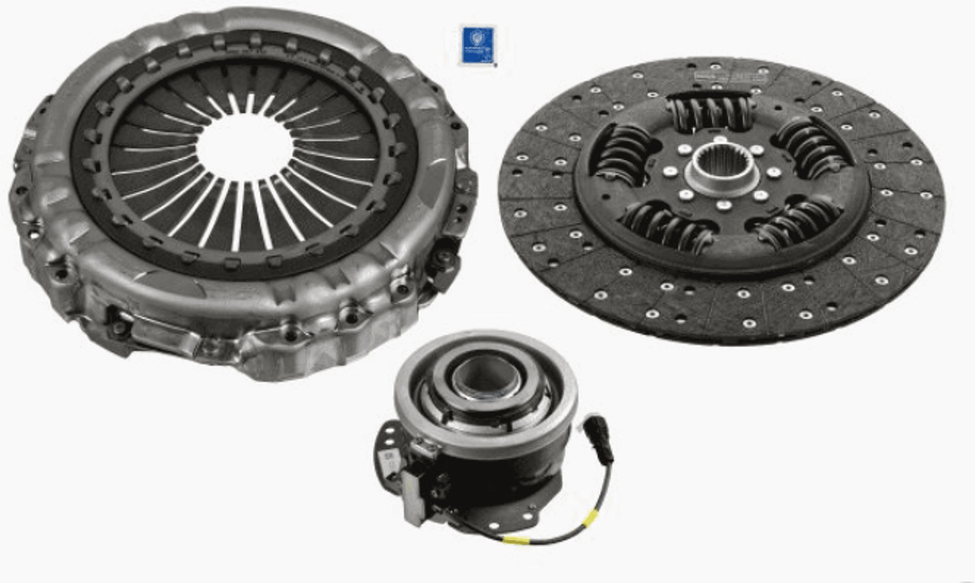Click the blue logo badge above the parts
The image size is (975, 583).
tap(478, 45)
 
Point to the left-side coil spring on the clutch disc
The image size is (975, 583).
tap(622, 153)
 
